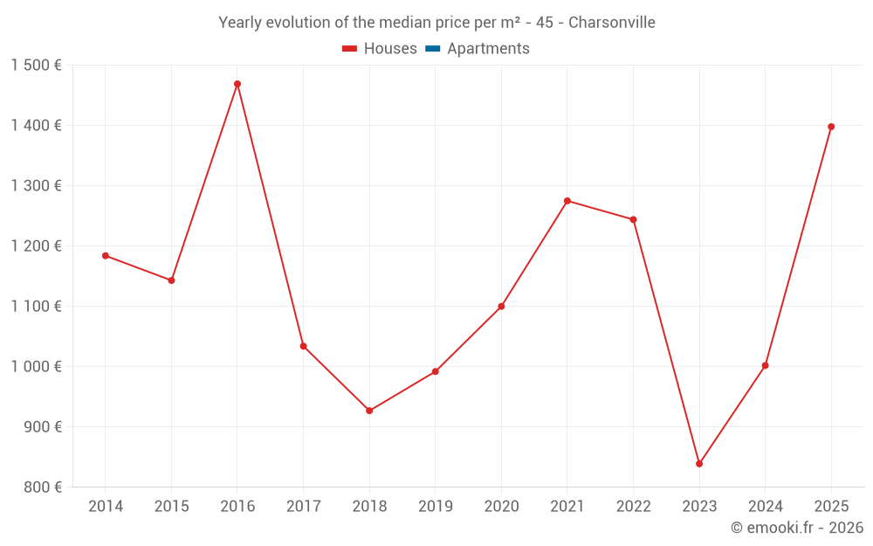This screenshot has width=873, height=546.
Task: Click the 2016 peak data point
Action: coord(237,84)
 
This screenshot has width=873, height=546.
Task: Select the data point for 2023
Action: coord(699,464)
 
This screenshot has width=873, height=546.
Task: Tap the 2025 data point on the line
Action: coord(831,127)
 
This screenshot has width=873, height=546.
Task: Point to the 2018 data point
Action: coord(369,411)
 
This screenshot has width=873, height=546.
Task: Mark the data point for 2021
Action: coord(567,201)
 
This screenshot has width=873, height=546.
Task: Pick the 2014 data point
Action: coord(106,256)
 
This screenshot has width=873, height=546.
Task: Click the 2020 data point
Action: coord(501,307)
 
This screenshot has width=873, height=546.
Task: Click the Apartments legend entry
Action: coord(488,49)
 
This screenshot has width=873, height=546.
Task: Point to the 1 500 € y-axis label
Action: coord(37,66)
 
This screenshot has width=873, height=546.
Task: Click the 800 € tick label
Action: coord(44,487)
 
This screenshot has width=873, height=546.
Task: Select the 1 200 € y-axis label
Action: coord(37,246)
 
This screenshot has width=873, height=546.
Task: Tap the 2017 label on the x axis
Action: coord(303,507)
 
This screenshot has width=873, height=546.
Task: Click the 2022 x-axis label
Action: coord(633,507)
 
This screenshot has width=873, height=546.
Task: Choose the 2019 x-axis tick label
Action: coord(436,507)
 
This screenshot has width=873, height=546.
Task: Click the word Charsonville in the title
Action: coord(611,23)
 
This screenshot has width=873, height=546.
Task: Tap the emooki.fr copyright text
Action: coord(797,528)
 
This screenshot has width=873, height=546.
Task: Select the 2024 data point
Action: coord(766,365)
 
